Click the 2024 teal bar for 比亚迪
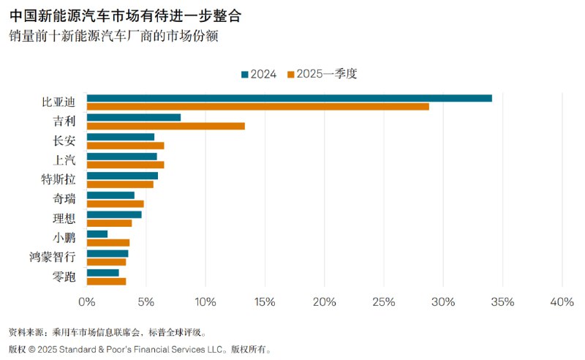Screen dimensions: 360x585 [x=289, y=98]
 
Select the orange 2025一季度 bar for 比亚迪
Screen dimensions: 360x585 [x=257, y=107]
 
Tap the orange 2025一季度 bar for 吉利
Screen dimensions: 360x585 [x=165, y=126]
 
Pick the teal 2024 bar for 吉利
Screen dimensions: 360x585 [x=133, y=118]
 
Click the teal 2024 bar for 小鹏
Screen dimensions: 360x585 [x=97, y=234]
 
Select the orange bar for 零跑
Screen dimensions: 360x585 [x=106, y=281]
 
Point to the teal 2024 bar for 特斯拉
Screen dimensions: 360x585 [x=122, y=176]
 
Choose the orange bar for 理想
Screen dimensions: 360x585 [x=109, y=223]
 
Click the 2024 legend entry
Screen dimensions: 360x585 [x=258, y=74]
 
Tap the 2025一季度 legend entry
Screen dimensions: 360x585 [x=322, y=74]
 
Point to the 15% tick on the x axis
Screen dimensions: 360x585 [x=265, y=302]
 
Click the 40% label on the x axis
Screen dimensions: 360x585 [x=561, y=302]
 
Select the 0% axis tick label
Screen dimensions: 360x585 [x=87, y=302]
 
